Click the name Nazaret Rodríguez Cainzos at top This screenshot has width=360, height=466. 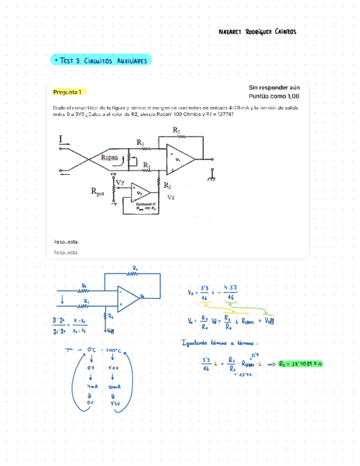tap(257, 32)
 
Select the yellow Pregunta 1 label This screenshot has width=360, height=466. tap(68, 92)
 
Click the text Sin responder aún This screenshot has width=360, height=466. tap(274, 87)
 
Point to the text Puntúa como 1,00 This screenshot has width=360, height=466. tap(274, 96)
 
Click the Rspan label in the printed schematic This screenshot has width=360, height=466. tap(110, 158)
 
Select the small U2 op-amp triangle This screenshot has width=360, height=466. tap(140, 193)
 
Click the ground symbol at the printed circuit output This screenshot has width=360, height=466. tap(211, 175)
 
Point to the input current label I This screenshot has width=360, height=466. tap(60, 141)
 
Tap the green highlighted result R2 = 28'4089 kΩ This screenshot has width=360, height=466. tap(301, 363)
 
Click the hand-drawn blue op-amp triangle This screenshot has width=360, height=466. tap(128, 297)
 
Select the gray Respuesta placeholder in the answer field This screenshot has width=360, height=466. tap(65, 252)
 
